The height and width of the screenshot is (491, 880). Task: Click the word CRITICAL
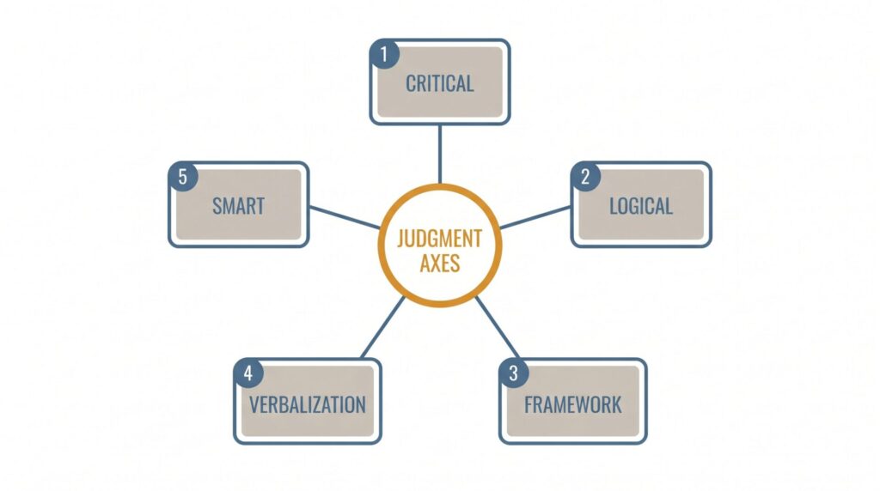click(439, 84)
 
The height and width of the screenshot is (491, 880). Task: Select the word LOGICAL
click(641, 206)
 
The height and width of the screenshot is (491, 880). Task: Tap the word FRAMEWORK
click(573, 404)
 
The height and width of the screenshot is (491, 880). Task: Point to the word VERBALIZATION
click(308, 404)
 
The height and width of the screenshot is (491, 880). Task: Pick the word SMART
click(239, 206)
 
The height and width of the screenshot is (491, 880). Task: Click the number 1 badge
click(384, 54)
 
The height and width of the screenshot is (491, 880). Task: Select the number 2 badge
click(585, 177)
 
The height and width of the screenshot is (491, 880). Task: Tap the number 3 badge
click(514, 373)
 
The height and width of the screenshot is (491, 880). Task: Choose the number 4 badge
click(248, 373)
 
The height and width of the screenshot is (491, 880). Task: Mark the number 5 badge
click(183, 177)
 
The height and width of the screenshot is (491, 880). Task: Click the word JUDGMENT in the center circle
click(439, 239)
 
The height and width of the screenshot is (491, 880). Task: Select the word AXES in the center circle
click(440, 264)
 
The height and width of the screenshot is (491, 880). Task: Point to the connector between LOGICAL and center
click(535, 217)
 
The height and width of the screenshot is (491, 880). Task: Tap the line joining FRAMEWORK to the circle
click(498, 329)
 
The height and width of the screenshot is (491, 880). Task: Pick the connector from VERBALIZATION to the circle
click(382, 328)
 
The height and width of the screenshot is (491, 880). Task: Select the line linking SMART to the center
click(345, 217)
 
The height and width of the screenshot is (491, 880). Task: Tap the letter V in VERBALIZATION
click(254, 404)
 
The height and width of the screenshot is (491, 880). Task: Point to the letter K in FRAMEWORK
click(617, 404)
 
